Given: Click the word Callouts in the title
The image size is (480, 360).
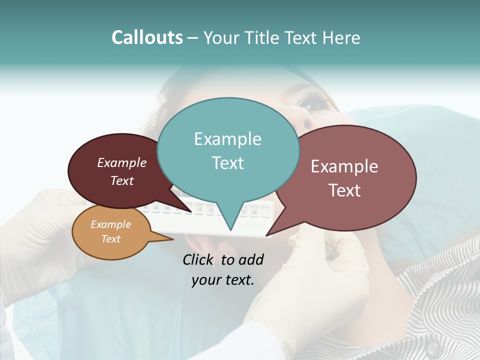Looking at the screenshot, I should [147, 37].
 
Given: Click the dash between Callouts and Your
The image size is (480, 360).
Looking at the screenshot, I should [193, 38].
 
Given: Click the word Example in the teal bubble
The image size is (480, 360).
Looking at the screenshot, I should [227, 139].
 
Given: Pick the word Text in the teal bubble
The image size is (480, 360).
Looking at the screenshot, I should [227, 163].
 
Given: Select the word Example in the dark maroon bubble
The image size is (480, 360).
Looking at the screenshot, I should [122, 163].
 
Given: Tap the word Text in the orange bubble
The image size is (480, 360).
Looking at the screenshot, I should [111, 239].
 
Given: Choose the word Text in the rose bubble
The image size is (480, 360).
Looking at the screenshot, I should [344, 190].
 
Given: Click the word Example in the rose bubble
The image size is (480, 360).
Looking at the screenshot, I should [344, 166].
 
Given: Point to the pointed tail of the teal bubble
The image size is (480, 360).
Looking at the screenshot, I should [230, 228].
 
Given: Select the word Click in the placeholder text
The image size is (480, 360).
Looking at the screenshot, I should [199, 259].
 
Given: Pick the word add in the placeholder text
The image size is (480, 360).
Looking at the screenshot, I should [251, 259].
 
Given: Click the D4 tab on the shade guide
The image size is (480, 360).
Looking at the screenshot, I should [254, 212].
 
